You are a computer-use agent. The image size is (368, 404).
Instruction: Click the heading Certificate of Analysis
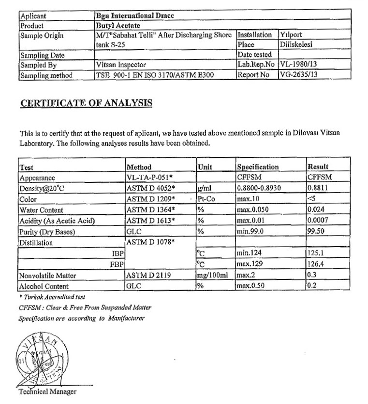[x=87, y=103]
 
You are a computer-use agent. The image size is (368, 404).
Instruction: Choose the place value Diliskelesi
[x=295, y=44]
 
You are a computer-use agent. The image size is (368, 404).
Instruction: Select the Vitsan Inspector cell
[x=121, y=64]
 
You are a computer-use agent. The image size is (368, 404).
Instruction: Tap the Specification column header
[x=257, y=167]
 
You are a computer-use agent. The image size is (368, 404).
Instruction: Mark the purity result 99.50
[x=316, y=232]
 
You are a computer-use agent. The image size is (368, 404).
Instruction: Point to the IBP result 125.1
[x=316, y=253]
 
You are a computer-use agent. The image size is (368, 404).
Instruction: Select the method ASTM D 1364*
[x=150, y=210]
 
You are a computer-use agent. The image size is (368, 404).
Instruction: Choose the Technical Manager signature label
[x=47, y=391]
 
